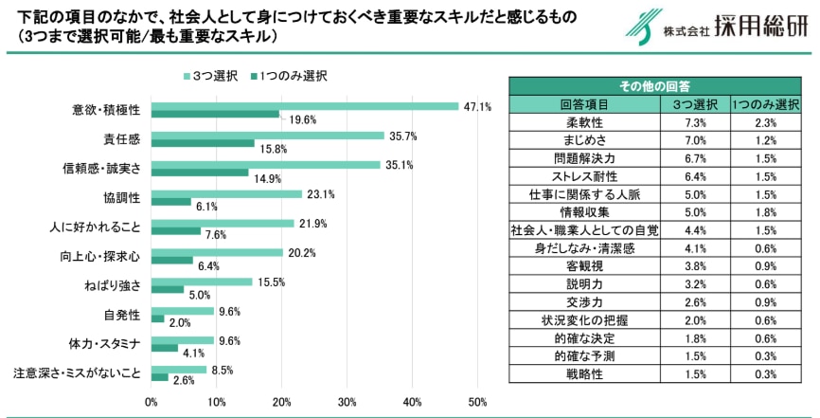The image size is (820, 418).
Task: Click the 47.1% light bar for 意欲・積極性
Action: point(305,106)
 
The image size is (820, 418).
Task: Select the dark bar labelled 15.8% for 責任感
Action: point(203,143)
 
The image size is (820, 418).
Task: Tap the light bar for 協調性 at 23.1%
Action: point(226,193)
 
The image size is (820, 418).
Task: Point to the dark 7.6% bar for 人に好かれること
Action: point(176,231)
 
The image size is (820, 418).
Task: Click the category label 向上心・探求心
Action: point(99,257)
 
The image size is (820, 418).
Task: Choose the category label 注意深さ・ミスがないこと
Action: point(77,374)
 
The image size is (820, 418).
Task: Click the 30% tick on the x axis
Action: point(347,402)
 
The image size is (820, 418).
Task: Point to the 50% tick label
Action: point(477,402)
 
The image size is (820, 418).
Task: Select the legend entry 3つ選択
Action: point(210,76)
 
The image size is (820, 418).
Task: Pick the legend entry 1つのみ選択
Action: point(289,76)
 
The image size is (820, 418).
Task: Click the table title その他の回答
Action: point(654,86)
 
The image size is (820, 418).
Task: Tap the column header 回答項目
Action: point(584,104)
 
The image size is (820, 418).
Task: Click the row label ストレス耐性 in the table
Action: point(584,176)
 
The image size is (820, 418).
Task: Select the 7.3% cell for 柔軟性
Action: point(696,123)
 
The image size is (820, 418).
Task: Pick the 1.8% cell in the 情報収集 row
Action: point(766,212)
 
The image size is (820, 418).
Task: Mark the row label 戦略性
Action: point(584,374)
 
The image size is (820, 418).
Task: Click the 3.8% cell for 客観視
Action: point(696,266)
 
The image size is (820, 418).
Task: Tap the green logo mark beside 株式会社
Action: point(643,27)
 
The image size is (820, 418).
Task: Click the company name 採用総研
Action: point(761,27)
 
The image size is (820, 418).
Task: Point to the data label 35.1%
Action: point(399,166)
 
